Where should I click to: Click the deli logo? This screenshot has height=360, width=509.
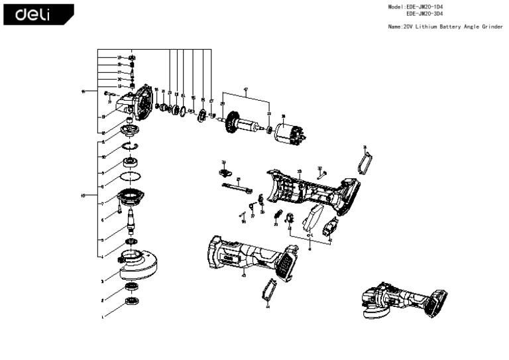[x=38, y=14]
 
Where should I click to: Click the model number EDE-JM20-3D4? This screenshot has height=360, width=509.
[x=424, y=13]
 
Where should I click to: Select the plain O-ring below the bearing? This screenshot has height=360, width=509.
[x=131, y=177]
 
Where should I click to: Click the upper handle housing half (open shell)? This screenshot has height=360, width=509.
[x=311, y=189]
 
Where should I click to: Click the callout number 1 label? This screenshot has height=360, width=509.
[x=102, y=318]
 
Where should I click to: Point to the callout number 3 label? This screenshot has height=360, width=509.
[x=102, y=282]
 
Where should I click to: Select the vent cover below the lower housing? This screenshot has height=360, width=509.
[x=268, y=292]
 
